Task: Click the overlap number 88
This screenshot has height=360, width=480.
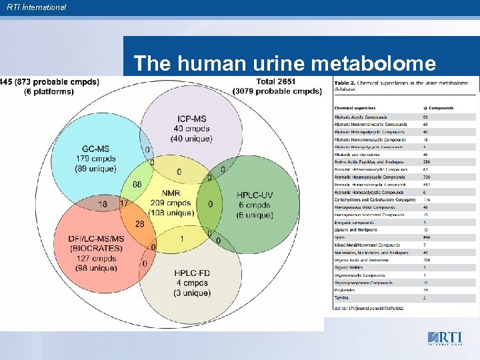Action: pyautogui.click(x=137, y=184)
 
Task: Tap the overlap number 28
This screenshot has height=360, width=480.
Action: pyautogui.click(x=140, y=223)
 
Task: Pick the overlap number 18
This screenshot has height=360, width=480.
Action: pyautogui.click(x=103, y=204)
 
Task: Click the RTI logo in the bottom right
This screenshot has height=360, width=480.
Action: pyautogui.click(x=444, y=338)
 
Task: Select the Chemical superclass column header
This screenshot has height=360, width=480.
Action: pyautogui.click(x=355, y=107)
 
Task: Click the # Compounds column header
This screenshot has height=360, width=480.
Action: pyautogui.click(x=439, y=107)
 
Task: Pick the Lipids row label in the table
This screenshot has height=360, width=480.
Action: pyautogui.click(x=340, y=237)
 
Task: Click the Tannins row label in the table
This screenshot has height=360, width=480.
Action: pyautogui.click(x=341, y=297)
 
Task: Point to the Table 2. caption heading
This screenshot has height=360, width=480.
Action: pyautogui.click(x=346, y=83)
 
